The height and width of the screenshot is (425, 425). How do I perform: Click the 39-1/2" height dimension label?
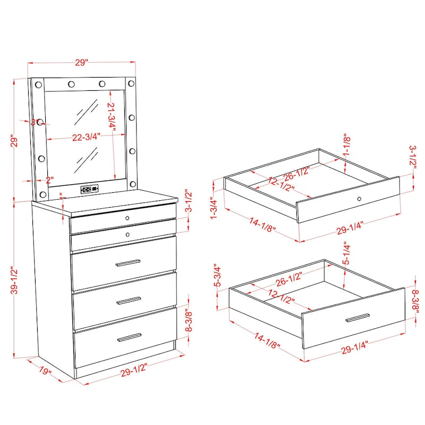click(x=17, y=279)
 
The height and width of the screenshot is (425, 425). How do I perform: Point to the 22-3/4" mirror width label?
click(x=86, y=137)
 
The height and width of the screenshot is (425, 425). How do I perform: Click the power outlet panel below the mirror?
click(x=89, y=189)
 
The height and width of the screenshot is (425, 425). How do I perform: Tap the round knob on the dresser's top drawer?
click(x=127, y=219)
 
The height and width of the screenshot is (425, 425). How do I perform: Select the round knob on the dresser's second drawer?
click(x=127, y=233)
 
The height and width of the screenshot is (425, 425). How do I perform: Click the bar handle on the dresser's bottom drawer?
click(x=129, y=337)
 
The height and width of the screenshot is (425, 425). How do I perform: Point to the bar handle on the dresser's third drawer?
click(x=129, y=301)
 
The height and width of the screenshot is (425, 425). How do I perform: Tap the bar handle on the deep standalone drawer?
click(x=357, y=318)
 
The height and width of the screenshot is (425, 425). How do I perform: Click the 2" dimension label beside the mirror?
click(x=50, y=180)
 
